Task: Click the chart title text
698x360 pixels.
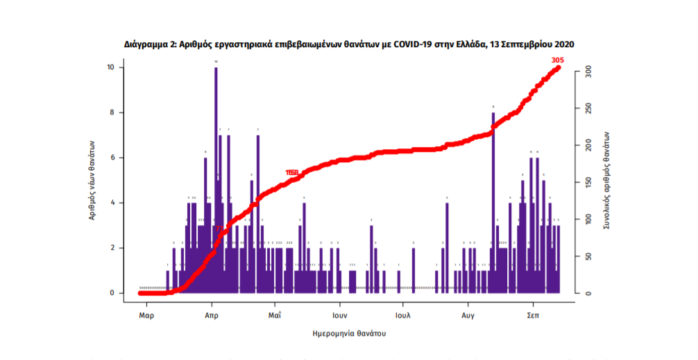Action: [349, 44]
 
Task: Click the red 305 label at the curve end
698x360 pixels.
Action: [557, 60]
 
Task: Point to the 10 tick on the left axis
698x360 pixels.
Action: [111, 67]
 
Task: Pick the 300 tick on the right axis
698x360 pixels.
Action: [588, 71]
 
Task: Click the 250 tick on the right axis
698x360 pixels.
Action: [588, 109]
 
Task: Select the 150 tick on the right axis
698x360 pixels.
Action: [588, 182]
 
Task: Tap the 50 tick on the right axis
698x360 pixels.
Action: [588, 257]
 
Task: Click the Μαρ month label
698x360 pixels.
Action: [146, 314]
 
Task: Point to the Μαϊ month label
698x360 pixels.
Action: [275, 314]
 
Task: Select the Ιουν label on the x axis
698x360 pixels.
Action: [339, 314]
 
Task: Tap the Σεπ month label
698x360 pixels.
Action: [533, 314]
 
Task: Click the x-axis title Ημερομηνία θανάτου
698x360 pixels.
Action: [349, 334]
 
